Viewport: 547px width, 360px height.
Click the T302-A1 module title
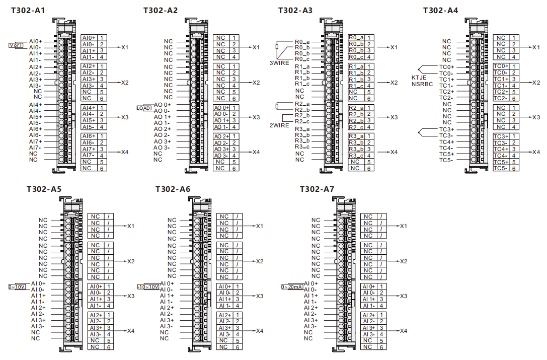click(x=28, y=10)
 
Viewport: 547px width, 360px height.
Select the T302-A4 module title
click(x=440, y=10)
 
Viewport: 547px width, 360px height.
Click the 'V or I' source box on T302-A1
click(x=16, y=45)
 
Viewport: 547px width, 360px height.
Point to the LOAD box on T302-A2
click(x=143, y=108)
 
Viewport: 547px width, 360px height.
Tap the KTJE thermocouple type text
click(x=420, y=78)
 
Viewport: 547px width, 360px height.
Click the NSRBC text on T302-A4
click(x=422, y=85)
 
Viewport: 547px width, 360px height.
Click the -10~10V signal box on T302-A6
click(x=148, y=286)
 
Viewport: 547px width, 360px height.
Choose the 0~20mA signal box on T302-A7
click(x=292, y=286)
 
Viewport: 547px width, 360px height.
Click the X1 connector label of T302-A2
click(x=256, y=47)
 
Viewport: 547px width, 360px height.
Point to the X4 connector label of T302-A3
click(x=394, y=152)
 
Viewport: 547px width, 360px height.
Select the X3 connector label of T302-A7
click(x=403, y=296)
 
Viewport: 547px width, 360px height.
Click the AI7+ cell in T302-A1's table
click(x=89, y=149)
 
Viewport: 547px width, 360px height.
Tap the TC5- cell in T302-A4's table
click(x=500, y=168)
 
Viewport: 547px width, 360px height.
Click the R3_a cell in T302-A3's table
click(x=356, y=136)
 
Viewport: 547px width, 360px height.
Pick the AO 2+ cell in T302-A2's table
click(x=221, y=136)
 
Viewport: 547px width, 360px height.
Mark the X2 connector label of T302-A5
click(x=131, y=261)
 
